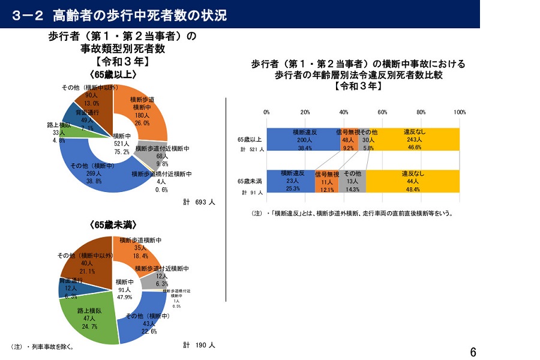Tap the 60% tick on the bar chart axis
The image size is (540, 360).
(x=383, y=112)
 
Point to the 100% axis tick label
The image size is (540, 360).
(x=460, y=112)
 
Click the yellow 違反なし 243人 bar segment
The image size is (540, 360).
(x=414, y=139)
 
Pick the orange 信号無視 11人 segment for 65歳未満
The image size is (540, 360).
(x=327, y=181)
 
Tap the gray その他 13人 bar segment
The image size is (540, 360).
(x=352, y=181)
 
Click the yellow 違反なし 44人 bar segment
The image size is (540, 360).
(x=413, y=181)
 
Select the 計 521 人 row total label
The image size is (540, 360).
(x=251, y=149)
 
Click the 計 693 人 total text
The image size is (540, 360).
(x=199, y=202)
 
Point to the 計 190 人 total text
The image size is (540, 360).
(x=199, y=345)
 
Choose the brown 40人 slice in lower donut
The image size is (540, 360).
(x=84, y=258)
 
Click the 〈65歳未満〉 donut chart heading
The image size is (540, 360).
(x=113, y=225)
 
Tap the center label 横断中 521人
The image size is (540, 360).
(x=122, y=143)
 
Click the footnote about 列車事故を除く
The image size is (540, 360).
(x=43, y=346)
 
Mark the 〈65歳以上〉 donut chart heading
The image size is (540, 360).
(x=113, y=75)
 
